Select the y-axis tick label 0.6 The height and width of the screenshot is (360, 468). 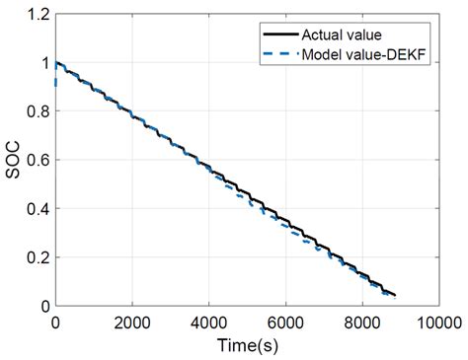pyautogui.click(x=35, y=161)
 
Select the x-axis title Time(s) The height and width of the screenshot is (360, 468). pyautogui.click(x=246, y=345)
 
